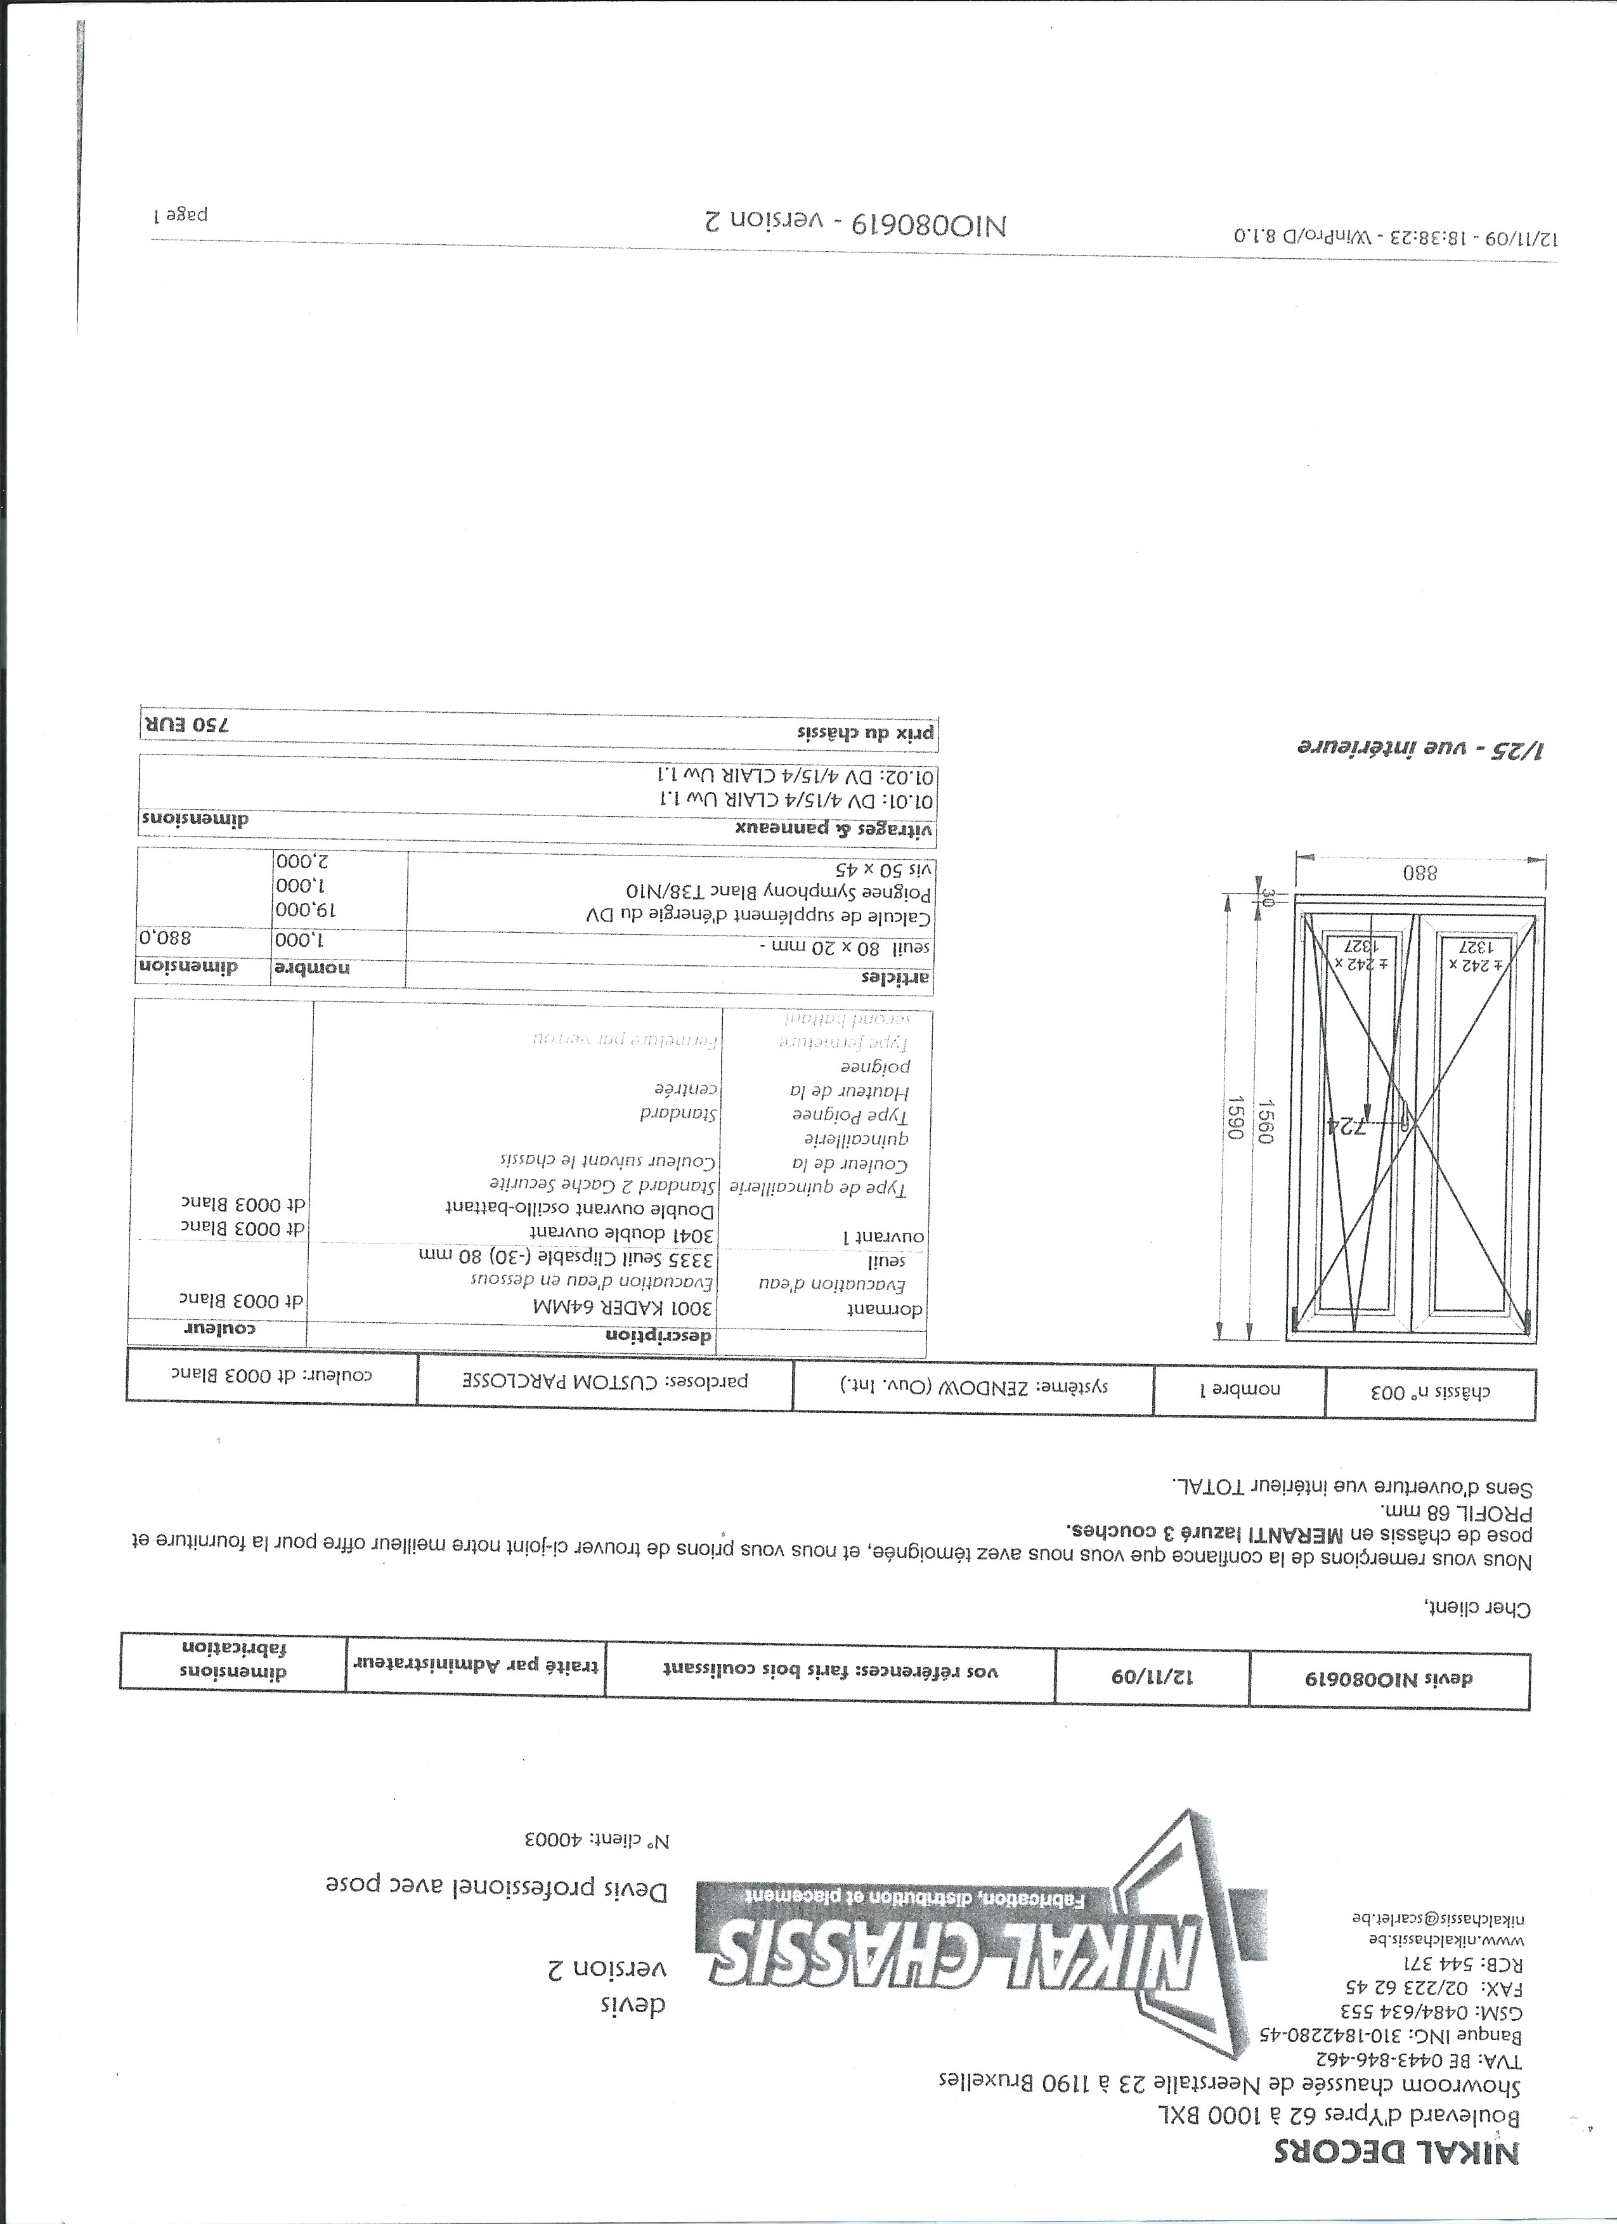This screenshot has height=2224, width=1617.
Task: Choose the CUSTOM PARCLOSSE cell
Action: click(x=605, y=1382)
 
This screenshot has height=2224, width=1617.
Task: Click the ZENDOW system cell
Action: click(x=971, y=1386)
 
